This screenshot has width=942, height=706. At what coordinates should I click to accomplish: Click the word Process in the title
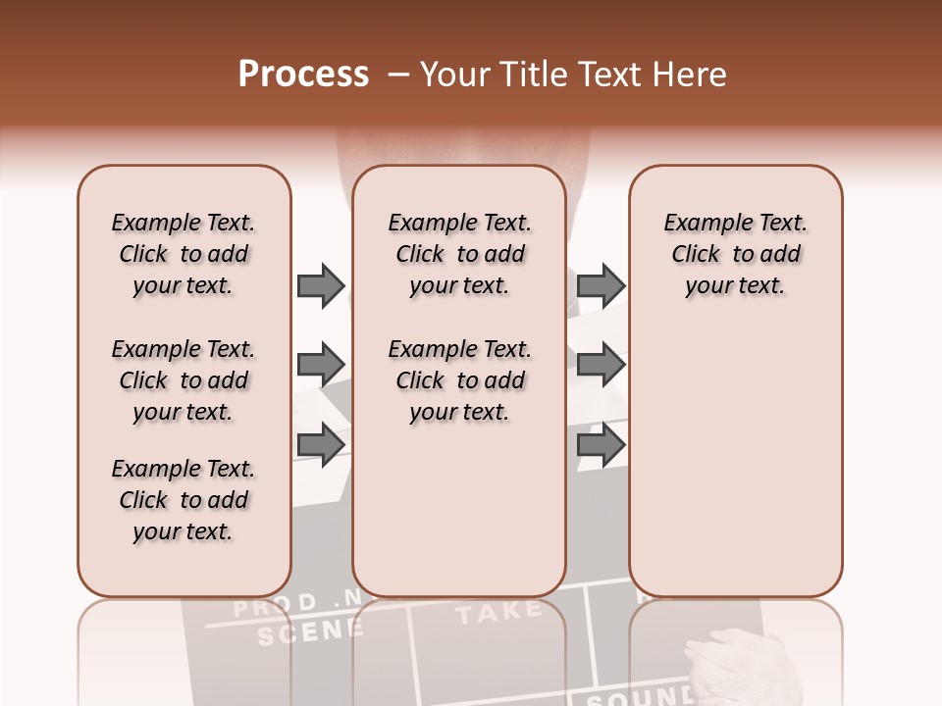click(x=303, y=75)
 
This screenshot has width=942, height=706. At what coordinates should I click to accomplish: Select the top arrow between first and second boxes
click(x=321, y=286)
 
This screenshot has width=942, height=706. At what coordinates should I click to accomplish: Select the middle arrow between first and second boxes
click(x=321, y=365)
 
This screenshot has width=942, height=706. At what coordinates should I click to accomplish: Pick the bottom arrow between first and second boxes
click(x=321, y=444)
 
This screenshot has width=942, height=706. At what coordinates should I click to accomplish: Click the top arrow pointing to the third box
click(x=601, y=286)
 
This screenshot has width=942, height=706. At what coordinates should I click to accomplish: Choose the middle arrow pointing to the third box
click(x=601, y=365)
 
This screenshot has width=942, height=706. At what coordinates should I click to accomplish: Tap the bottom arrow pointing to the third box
click(x=601, y=444)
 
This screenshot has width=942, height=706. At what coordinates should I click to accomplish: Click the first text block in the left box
click(x=183, y=254)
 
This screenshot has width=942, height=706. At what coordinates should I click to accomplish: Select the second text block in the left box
click(x=183, y=380)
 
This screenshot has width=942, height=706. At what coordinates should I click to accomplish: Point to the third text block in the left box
click(x=183, y=500)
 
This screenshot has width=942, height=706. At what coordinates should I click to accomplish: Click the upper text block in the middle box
click(x=459, y=254)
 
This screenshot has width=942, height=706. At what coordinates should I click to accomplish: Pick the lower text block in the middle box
click(x=459, y=380)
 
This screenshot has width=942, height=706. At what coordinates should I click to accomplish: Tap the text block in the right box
click(x=735, y=254)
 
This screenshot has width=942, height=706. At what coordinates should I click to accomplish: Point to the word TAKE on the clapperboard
click(x=498, y=612)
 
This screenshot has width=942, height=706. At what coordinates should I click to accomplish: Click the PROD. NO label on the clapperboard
click(x=285, y=603)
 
